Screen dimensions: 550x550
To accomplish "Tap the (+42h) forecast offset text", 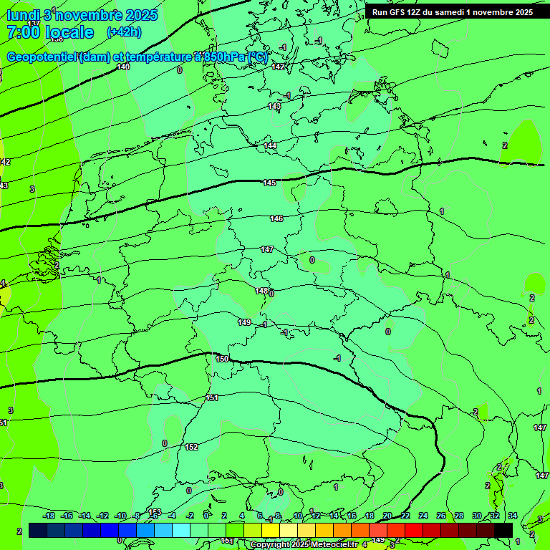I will [124, 32].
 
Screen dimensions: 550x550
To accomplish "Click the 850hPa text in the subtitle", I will [224, 57].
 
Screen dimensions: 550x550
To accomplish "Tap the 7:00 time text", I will [21, 32].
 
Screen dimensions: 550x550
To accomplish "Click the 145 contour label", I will [269, 183].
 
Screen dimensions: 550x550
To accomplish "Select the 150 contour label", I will [222, 358].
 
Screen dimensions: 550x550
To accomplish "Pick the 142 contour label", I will [279, 67].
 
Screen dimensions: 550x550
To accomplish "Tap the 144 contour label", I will [270, 145].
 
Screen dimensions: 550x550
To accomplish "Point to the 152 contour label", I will [191, 447].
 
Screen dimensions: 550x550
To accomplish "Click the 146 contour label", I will [276, 218].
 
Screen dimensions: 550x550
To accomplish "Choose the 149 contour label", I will [244, 322].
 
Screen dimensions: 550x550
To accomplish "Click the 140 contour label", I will [123, 67].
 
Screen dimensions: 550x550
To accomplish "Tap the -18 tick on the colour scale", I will [49, 516].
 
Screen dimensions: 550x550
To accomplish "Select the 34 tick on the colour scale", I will [513, 516].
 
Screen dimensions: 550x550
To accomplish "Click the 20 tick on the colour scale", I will [387, 516].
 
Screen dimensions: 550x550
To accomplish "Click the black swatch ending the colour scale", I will [503, 529].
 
